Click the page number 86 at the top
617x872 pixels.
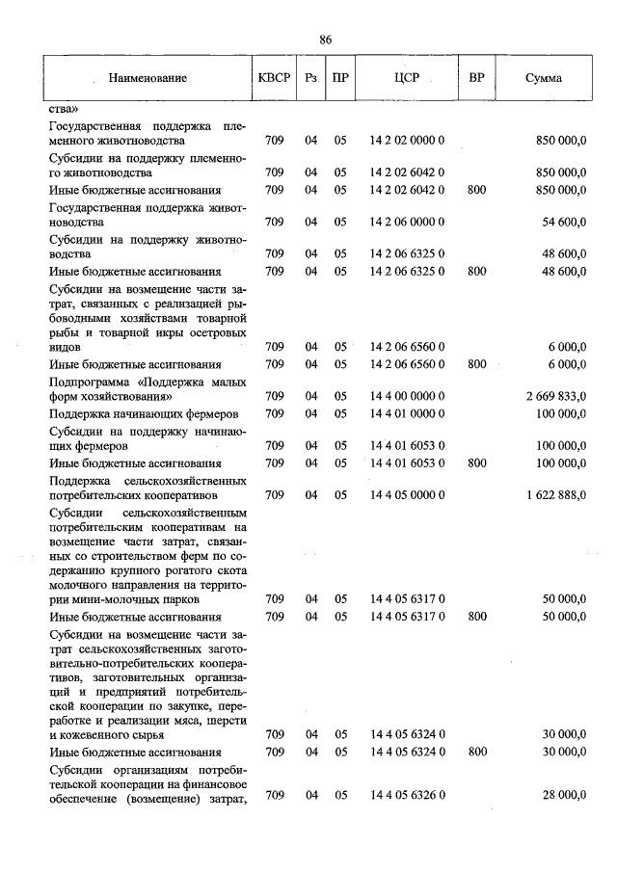(x=326, y=40)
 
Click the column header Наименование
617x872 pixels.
(x=148, y=77)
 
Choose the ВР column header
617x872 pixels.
(x=476, y=77)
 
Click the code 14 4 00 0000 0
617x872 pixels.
(x=406, y=396)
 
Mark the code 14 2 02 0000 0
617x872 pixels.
(x=406, y=140)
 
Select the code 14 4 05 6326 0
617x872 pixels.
(x=406, y=795)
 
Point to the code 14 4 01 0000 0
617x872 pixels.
(x=406, y=413)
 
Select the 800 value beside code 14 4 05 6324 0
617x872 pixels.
(x=476, y=751)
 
